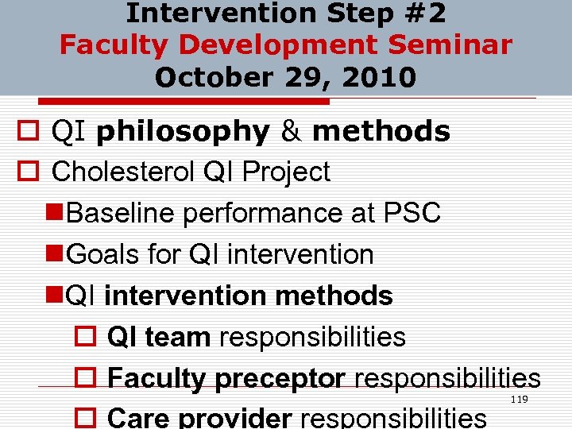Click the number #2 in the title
(x=425, y=14)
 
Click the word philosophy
(x=182, y=131)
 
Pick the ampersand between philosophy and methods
(x=291, y=131)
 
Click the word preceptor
(x=281, y=378)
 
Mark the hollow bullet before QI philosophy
(x=29, y=132)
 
